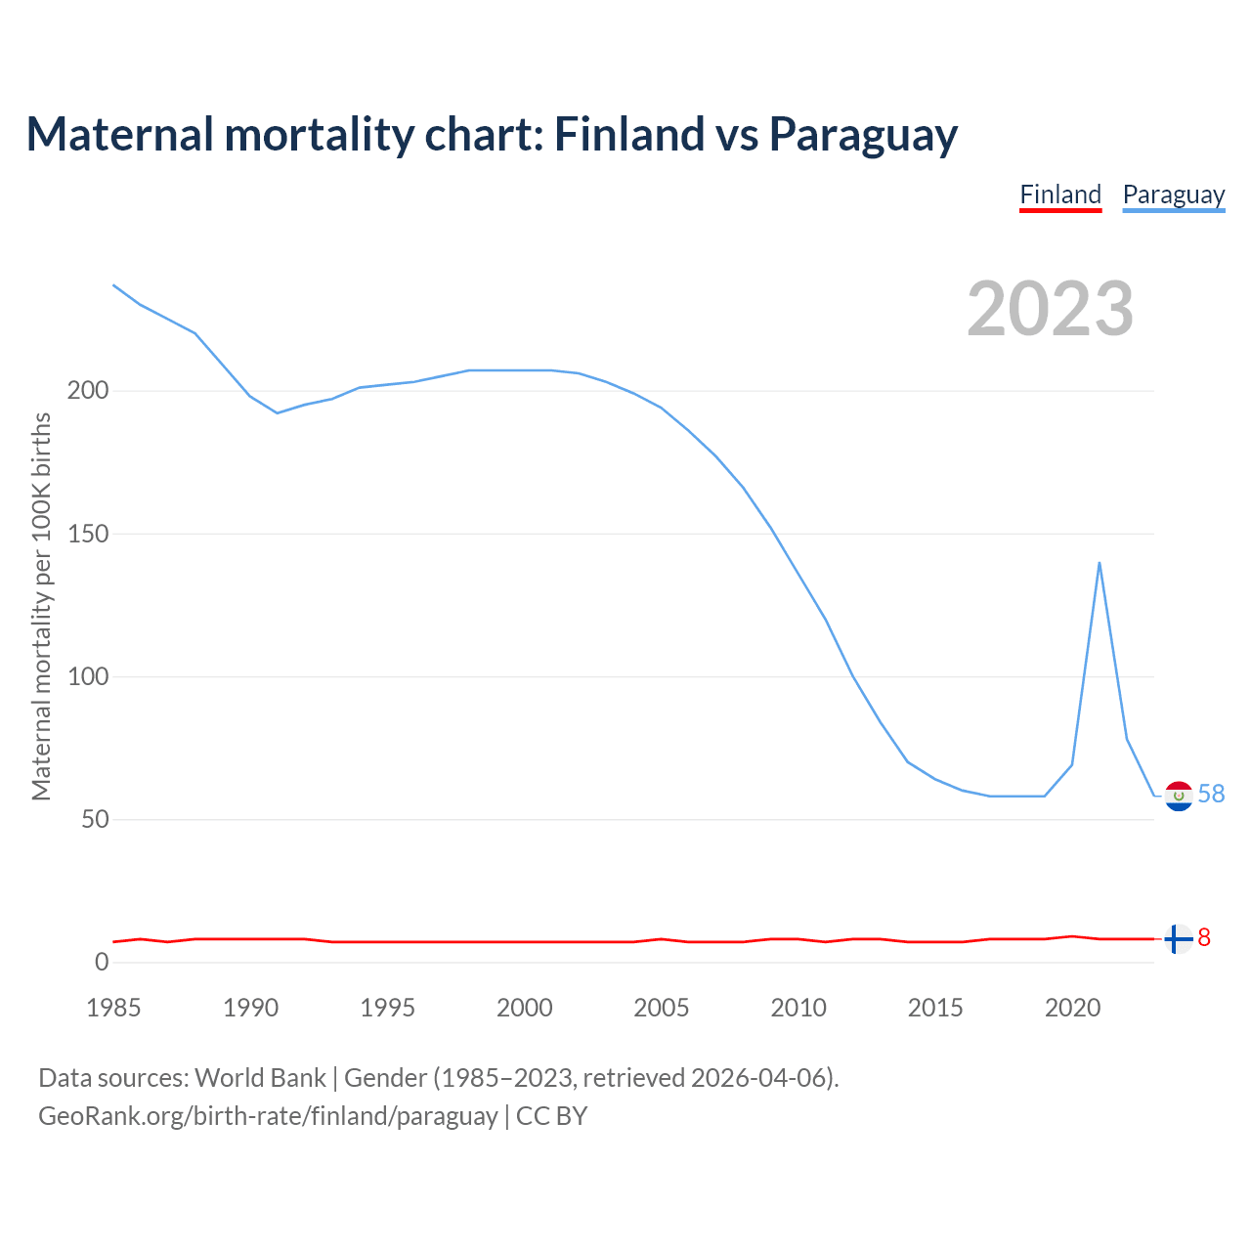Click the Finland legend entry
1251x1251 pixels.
pos(1060,194)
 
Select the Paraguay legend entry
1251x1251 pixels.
pos(1173,194)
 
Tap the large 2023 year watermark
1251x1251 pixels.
pos(1051,309)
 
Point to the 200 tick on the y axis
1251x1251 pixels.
pos(87,391)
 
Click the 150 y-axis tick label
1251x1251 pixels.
pos(87,534)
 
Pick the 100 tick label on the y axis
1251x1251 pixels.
pos(87,676)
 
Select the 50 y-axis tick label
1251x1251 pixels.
pos(94,819)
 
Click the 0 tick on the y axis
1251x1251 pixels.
pos(102,962)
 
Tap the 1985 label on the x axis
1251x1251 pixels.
pos(113,1008)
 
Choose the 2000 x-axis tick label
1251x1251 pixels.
pos(525,1008)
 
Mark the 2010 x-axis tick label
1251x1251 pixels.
pos(798,1008)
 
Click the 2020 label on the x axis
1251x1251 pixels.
pos(1073,1008)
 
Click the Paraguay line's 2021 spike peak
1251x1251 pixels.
pos(1100,563)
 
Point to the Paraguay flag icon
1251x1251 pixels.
pos(1179,797)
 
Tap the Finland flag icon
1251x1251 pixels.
pos(1179,938)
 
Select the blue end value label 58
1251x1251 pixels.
pos(1211,795)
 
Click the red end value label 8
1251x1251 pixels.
pos(1204,938)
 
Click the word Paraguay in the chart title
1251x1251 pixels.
pos(863,135)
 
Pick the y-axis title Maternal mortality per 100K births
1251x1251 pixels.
pos(41,606)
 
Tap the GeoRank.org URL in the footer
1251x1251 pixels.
pos(268,1116)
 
